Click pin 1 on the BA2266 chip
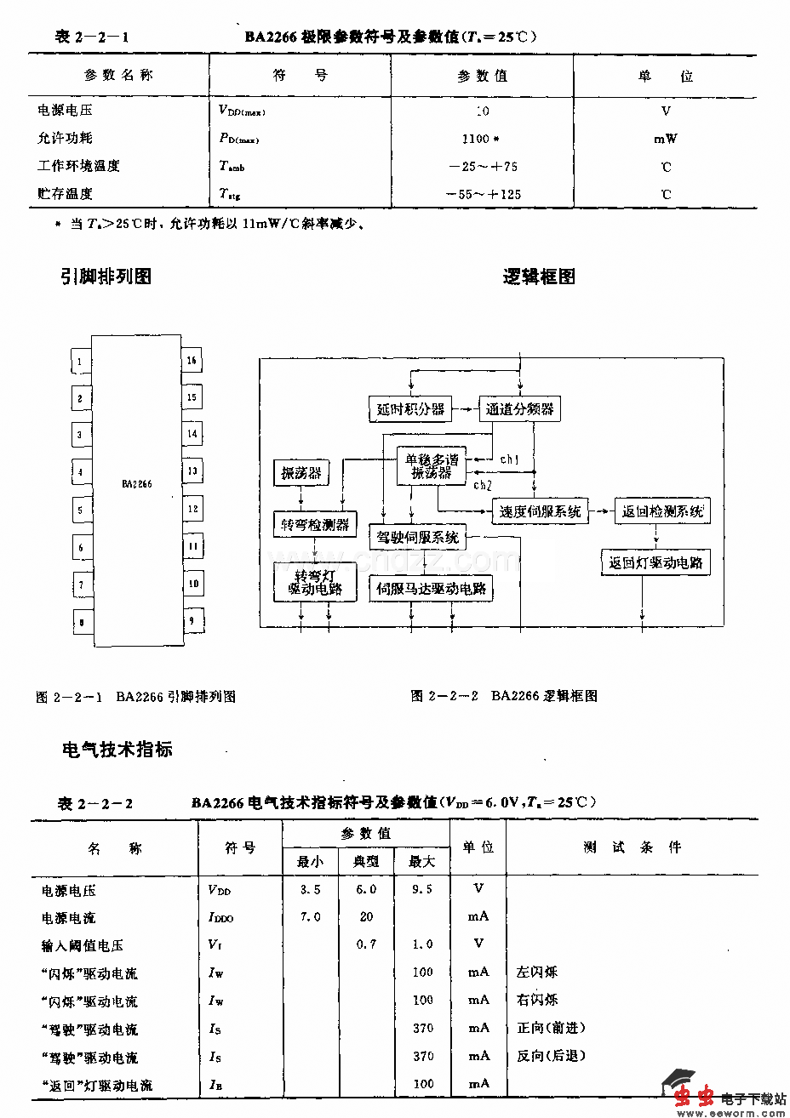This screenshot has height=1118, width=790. [x=80, y=362]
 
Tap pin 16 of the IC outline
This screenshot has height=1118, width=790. [x=192, y=361]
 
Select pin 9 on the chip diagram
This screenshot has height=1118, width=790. [x=192, y=620]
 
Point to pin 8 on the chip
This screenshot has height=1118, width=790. [x=81, y=622]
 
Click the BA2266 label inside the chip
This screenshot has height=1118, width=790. [x=136, y=483]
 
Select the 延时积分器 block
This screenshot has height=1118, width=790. [x=410, y=409]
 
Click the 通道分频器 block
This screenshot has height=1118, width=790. [x=519, y=409]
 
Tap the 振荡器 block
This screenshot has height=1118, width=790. [x=301, y=473]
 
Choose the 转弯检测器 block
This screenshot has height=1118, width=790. [x=315, y=525]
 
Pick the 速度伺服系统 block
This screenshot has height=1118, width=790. [x=541, y=511]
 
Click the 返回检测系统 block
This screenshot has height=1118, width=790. [x=662, y=511]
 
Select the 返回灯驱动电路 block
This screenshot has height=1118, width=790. [x=655, y=563]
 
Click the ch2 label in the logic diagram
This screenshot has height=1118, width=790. [x=483, y=485]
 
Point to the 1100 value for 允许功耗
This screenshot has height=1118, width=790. [x=478, y=139]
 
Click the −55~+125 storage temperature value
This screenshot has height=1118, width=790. [x=483, y=194]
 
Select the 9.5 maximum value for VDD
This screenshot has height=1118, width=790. [x=421, y=889]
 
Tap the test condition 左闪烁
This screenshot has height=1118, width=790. [x=537, y=972]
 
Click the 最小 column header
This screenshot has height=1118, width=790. [x=310, y=862]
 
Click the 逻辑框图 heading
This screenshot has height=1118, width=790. [x=539, y=277]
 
